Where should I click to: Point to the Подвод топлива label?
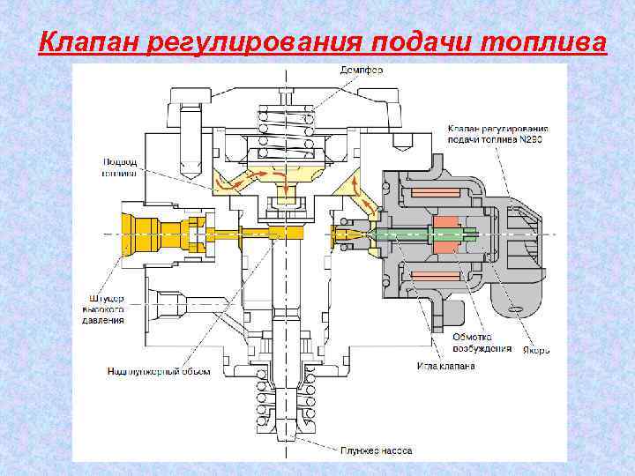(x=119, y=167)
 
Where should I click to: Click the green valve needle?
(x=401, y=234)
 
